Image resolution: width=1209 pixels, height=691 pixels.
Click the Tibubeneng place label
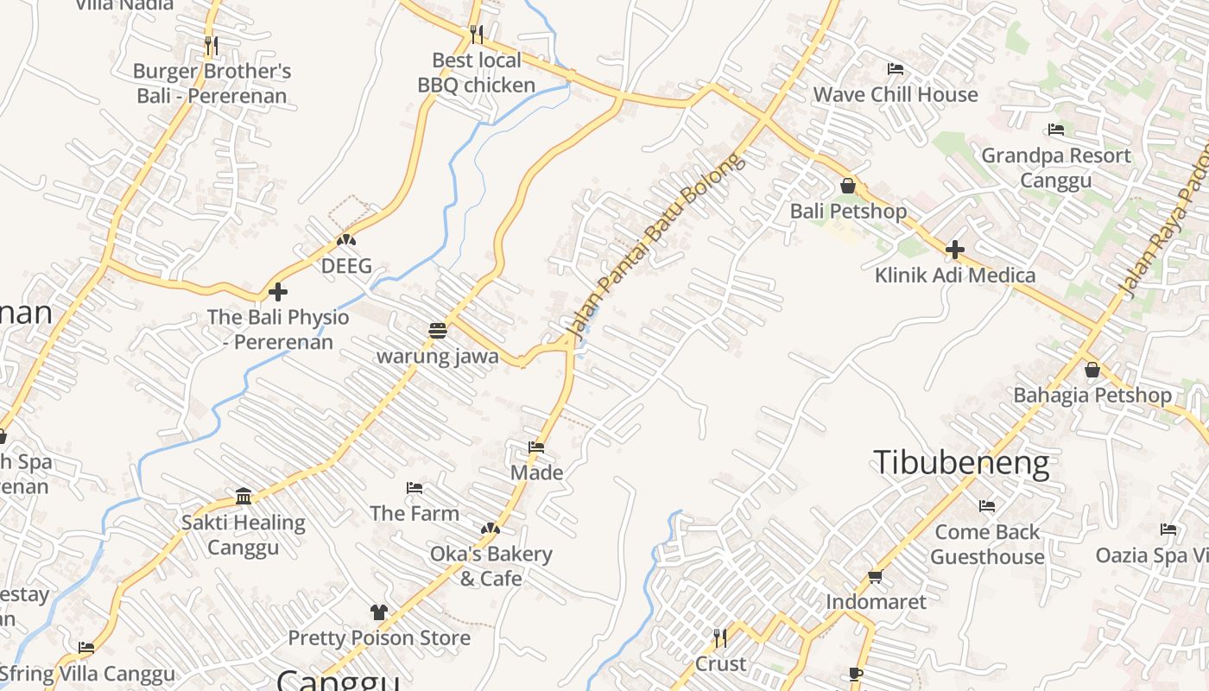[961, 463]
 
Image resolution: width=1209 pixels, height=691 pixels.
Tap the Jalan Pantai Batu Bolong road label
[654, 245]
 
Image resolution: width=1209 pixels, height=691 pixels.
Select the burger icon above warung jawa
[438, 331]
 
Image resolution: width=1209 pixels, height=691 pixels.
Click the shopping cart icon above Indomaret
[875, 576]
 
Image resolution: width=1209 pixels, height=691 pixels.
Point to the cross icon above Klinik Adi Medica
[954, 250]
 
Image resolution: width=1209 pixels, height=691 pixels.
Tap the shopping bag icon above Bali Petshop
[847, 186]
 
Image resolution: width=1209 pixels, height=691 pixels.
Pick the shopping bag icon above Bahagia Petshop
[1092, 370]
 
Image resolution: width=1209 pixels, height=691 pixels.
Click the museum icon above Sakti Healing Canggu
[244, 497]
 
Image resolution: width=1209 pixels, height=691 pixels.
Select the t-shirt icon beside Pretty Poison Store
[378, 612]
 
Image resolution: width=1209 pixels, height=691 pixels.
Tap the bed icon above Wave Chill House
[896, 68]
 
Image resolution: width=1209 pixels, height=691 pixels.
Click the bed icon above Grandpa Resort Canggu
[1055, 130]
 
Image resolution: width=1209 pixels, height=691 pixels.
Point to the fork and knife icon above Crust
[719, 637]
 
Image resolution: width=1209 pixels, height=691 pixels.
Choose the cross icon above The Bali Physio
[277, 292]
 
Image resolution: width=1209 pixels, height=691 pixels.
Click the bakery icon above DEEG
[346, 240]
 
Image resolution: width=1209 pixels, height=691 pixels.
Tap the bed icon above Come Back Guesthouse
[987, 505]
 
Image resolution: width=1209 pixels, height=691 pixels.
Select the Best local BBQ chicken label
[476, 73]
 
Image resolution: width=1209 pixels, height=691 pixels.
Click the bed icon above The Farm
[415, 488]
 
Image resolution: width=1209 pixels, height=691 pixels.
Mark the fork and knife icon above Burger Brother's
[212, 44]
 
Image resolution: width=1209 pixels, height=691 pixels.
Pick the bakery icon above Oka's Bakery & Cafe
[491, 528]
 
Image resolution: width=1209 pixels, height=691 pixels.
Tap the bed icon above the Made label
[536, 447]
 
